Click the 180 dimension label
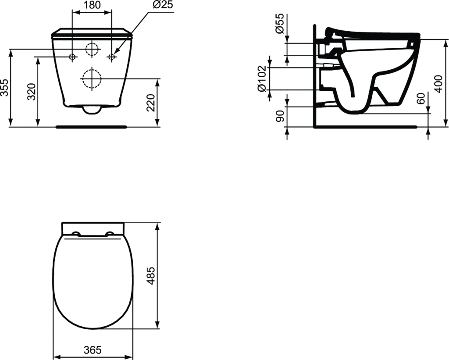pos(92,5)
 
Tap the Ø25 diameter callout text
pos(163,5)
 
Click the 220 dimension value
pos(151,102)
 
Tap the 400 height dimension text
pos(438,84)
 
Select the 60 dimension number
pos(420,99)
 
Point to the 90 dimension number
pos(280,116)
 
